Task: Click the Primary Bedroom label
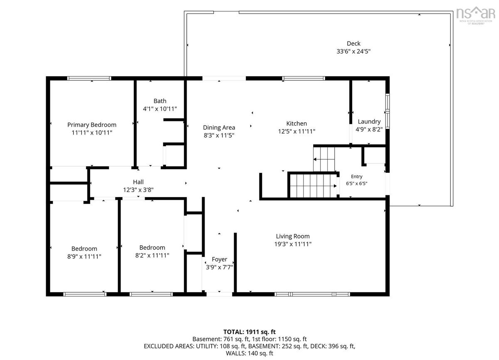[x=92, y=125]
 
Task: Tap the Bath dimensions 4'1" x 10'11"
[x=160, y=109]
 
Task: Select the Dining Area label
[x=219, y=128]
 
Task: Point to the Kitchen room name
[x=296, y=123]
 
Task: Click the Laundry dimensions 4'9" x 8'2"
[x=369, y=130]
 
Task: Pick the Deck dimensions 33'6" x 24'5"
[x=353, y=52]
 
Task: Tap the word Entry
[x=356, y=177]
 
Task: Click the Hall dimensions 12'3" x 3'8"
[x=138, y=190]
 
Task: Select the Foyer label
[x=220, y=259]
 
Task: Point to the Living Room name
[x=293, y=236]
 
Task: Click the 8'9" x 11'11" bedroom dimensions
[x=84, y=257]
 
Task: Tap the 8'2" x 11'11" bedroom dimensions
[x=152, y=256]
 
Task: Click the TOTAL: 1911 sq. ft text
[x=249, y=332]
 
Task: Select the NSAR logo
[x=475, y=15]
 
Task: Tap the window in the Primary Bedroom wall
[x=89, y=79]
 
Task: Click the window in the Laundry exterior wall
[x=388, y=111]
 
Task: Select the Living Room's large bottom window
[x=312, y=294]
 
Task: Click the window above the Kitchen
[x=304, y=79]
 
